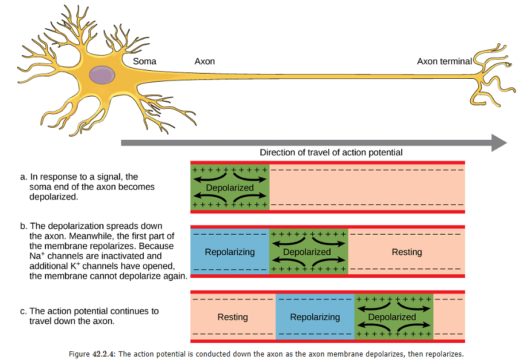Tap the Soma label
point(144,62)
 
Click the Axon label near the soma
point(205,62)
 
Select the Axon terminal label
point(444,62)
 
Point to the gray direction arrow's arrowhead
point(498,142)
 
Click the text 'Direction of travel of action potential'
point(331,152)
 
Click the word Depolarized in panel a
point(230,188)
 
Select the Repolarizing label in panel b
point(229,252)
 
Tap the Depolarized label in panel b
point(307,252)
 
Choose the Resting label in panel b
point(406,252)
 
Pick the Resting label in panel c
point(232,317)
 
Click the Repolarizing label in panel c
point(314,317)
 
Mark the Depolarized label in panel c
point(392,317)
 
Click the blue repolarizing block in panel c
point(314,305)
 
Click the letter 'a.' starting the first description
point(24,177)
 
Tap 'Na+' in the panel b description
point(36,255)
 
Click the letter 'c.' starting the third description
point(24,311)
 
